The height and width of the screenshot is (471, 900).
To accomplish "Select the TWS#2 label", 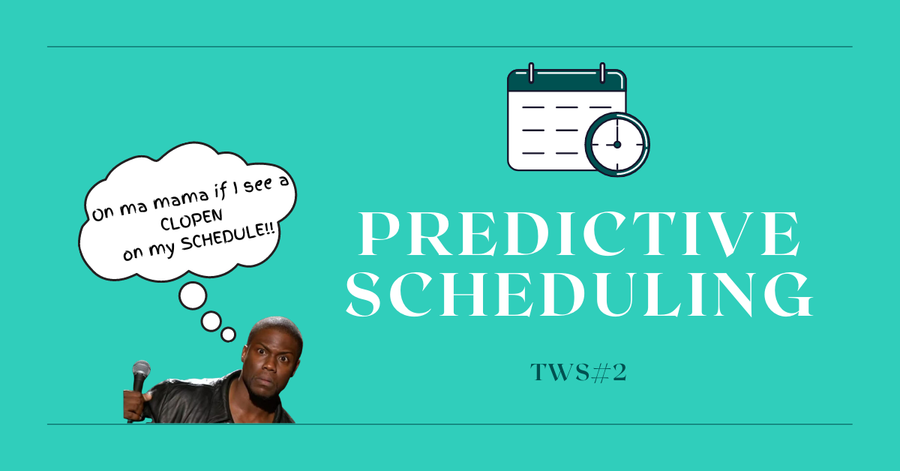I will [577, 373].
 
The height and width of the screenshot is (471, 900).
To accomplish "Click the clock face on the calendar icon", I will [616, 143].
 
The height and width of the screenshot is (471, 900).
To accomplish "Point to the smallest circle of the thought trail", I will [229, 334].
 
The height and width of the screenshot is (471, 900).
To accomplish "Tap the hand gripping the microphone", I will [133, 404].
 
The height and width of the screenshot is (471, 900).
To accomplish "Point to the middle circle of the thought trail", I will [211, 322].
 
